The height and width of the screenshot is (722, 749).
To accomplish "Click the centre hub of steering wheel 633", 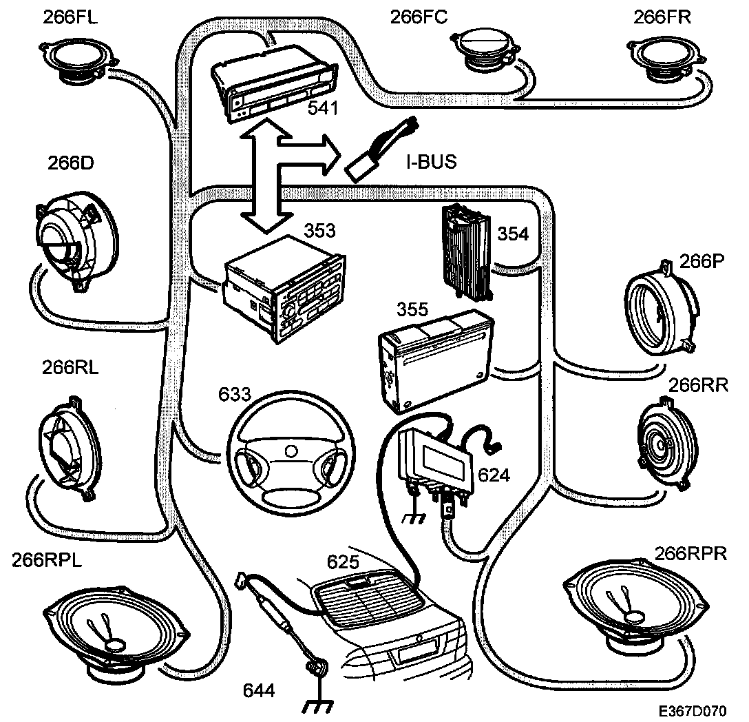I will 290,451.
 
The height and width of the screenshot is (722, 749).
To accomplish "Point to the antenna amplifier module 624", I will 434,457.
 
